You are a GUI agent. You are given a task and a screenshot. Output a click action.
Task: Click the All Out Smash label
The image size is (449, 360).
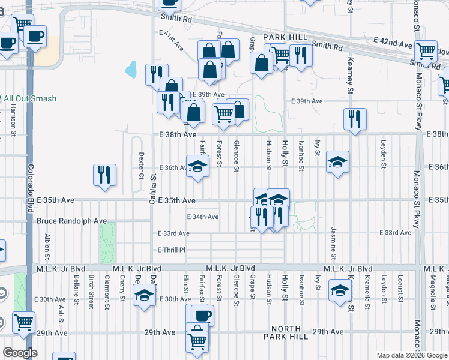30,98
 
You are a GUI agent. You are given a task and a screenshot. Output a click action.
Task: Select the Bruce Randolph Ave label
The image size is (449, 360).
72,221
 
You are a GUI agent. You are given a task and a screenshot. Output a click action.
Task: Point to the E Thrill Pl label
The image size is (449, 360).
172,250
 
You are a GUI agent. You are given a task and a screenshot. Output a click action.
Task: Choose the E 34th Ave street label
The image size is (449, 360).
203,217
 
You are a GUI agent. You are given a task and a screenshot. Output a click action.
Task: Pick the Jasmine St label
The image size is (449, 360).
332,239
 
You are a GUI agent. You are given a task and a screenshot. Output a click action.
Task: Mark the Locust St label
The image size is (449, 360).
399,287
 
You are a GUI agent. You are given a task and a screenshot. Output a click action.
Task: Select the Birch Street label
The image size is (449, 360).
91,291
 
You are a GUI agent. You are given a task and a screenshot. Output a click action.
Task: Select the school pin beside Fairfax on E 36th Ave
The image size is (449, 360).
197,165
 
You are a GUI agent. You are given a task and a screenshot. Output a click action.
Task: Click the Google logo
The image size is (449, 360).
20,353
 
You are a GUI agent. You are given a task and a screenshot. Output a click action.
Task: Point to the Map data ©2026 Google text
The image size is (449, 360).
411,355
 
